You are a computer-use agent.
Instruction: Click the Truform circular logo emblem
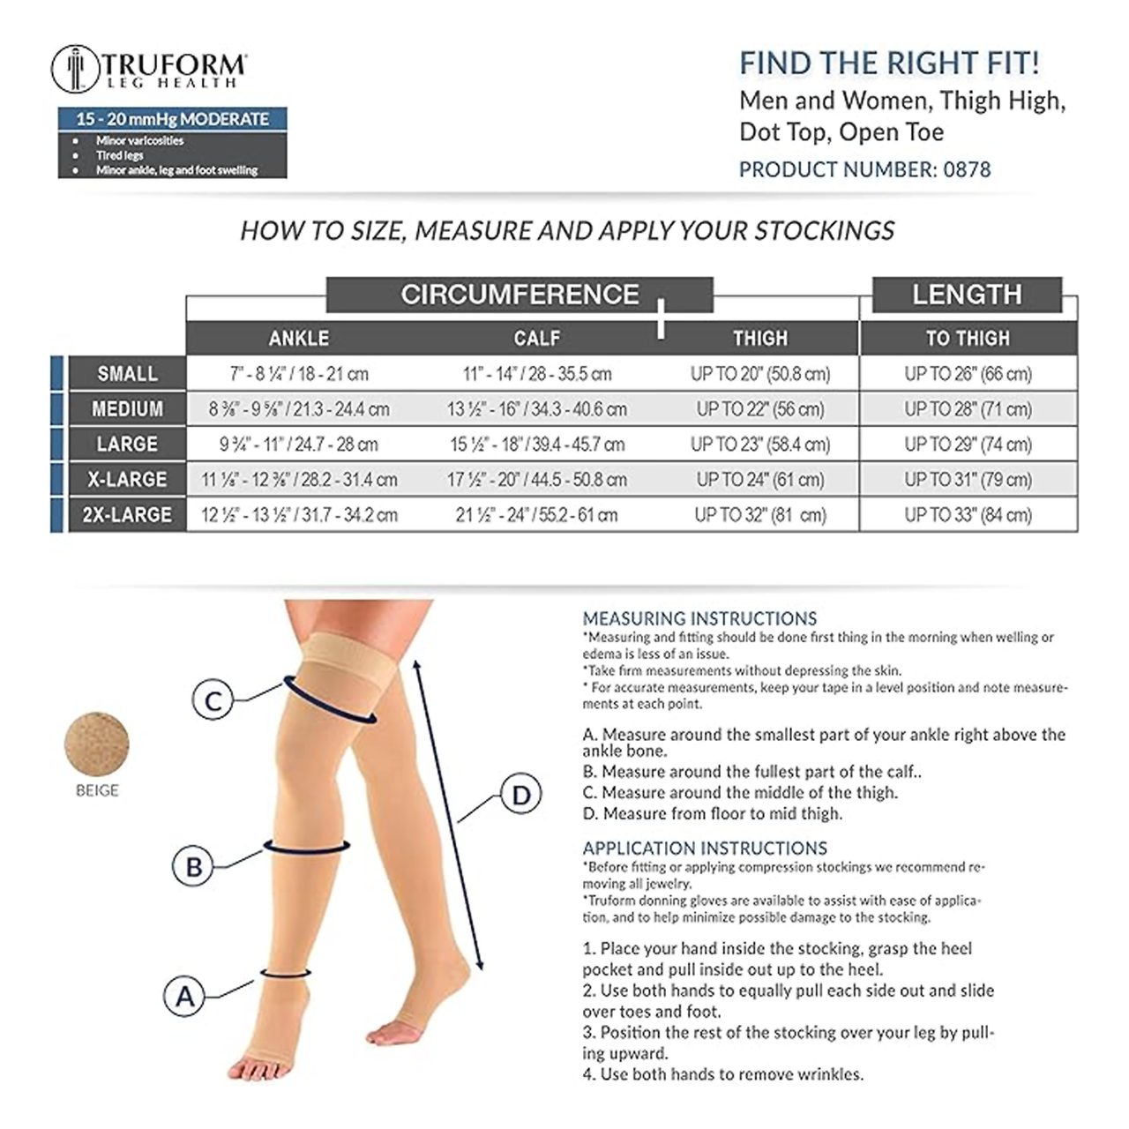click(76, 69)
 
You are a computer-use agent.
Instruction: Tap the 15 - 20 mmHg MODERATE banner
click(172, 119)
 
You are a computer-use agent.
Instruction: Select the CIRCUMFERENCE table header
click(520, 294)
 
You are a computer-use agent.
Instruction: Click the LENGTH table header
click(967, 294)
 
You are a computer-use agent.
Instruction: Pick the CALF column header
click(536, 338)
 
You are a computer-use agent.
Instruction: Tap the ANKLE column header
click(299, 338)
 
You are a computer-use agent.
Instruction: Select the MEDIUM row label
click(127, 408)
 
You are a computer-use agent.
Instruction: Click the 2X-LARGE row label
click(127, 514)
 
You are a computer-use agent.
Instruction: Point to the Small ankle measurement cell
click(299, 374)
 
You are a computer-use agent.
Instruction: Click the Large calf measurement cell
click(537, 444)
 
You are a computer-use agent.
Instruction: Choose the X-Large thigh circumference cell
click(760, 479)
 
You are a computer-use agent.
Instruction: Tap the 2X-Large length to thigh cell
click(968, 514)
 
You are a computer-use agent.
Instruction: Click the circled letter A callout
click(184, 996)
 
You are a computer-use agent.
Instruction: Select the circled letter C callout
click(213, 699)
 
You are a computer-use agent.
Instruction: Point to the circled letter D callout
click(521, 795)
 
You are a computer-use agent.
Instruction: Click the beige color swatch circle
click(97, 744)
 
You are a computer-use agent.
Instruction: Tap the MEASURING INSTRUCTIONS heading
click(699, 618)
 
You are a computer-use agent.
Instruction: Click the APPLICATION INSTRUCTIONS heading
click(705, 848)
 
